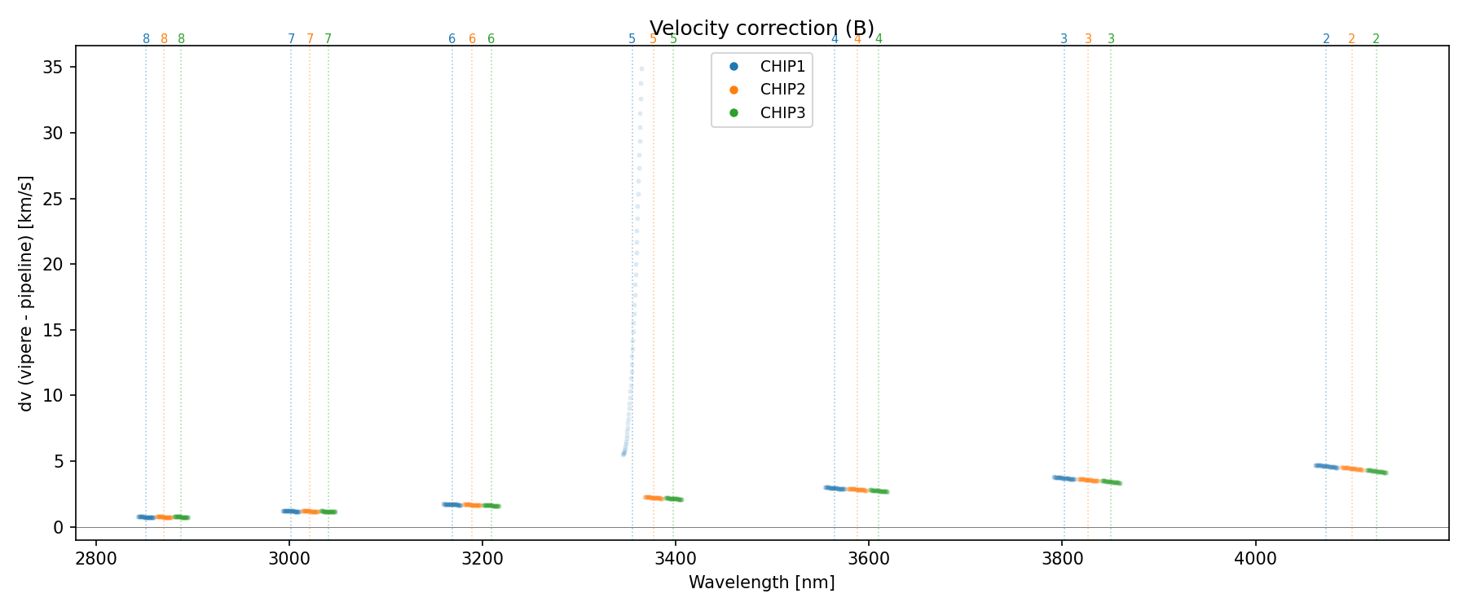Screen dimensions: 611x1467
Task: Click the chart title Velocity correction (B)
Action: coord(761,29)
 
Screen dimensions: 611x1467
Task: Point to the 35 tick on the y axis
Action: coord(54,67)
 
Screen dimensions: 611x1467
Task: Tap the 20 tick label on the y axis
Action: coord(54,264)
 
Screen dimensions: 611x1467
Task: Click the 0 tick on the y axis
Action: coord(59,527)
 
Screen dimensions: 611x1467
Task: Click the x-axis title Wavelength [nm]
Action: coord(761,582)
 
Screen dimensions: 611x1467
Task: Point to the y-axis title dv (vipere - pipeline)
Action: coord(26,292)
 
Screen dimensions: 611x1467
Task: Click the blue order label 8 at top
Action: coord(147,39)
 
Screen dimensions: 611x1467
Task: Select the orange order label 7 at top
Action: coord(310,39)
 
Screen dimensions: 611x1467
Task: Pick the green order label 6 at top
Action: coord(491,39)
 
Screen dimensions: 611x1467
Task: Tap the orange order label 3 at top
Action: coord(1088,39)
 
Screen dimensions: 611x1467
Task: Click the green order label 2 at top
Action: coord(1376,39)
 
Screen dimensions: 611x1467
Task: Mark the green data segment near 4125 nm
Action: coord(1376,471)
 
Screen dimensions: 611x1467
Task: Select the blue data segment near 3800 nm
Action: coord(1064,478)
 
